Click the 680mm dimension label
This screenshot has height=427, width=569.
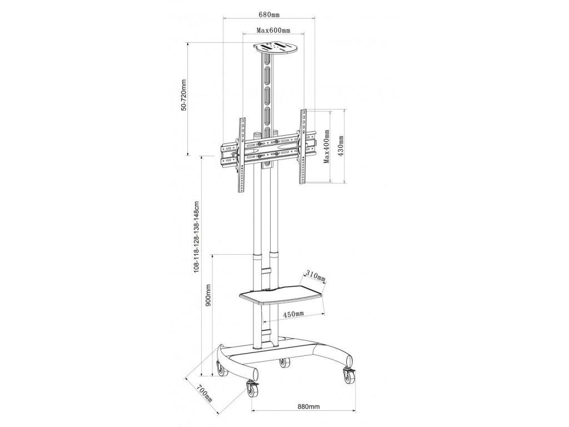click(269, 14)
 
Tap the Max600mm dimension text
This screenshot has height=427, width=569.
click(273, 30)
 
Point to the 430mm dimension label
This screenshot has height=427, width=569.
click(341, 146)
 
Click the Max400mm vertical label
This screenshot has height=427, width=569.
click(327, 146)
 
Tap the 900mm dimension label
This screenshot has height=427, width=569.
click(209, 296)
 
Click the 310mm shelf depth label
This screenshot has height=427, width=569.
click(316, 276)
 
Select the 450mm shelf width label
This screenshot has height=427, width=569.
click(293, 314)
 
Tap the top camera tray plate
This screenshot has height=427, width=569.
click(276, 48)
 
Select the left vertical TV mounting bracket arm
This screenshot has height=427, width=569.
click(242, 155)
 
